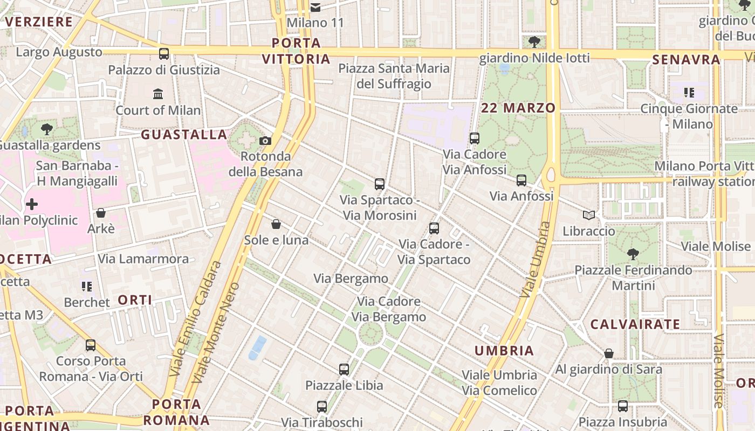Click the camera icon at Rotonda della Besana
point(265,141)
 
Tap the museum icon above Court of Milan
point(158,94)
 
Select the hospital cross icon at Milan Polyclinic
point(32,204)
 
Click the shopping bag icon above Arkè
point(100,213)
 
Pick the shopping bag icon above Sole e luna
point(276,224)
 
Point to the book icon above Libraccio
point(589,215)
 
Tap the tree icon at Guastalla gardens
point(47,129)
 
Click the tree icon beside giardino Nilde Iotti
point(534,42)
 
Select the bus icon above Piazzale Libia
point(344,370)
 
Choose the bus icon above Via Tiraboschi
point(322,407)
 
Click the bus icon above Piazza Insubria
point(623,406)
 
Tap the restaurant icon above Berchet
point(86,286)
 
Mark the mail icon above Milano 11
point(315,8)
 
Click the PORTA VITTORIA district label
point(296,51)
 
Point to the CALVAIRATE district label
point(635,324)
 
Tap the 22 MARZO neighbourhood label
point(518,108)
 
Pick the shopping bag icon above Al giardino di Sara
point(608,353)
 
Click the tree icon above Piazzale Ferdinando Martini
point(633,254)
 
